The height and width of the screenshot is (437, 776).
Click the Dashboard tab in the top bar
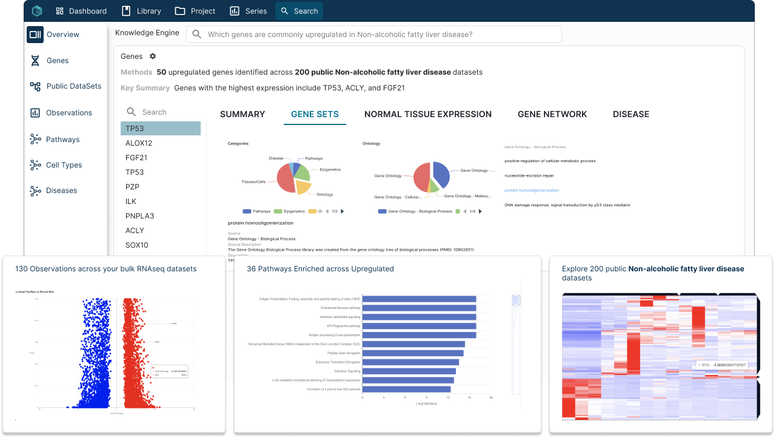click(x=81, y=11)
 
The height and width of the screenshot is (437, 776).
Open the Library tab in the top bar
click(x=141, y=11)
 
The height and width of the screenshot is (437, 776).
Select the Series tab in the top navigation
click(x=249, y=11)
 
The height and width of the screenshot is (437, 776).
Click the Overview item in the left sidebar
click(x=62, y=35)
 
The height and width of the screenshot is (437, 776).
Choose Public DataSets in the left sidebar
click(x=73, y=86)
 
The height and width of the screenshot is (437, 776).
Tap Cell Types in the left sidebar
click(x=64, y=165)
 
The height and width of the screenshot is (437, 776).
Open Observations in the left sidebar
click(x=69, y=113)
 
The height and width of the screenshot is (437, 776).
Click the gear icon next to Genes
click(x=153, y=56)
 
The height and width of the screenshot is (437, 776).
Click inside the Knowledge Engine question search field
click(x=376, y=35)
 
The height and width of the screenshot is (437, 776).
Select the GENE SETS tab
click(x=315, y=114)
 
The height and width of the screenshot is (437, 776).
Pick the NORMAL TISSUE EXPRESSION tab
click(x=428, y=114)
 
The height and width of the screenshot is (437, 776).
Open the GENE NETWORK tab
click(x=552, y=114)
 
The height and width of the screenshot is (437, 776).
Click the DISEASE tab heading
click(x=631, y=114)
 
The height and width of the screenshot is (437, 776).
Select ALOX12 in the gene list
click(x=139, y=143)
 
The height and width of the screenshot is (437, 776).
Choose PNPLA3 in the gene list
click(x=139, y=216)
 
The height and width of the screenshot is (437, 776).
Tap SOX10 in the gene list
click(x=136, y=245)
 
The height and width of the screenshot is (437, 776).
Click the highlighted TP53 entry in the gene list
click(x=161, y=129)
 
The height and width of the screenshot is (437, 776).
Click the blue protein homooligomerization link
click(x=532, y=191)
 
